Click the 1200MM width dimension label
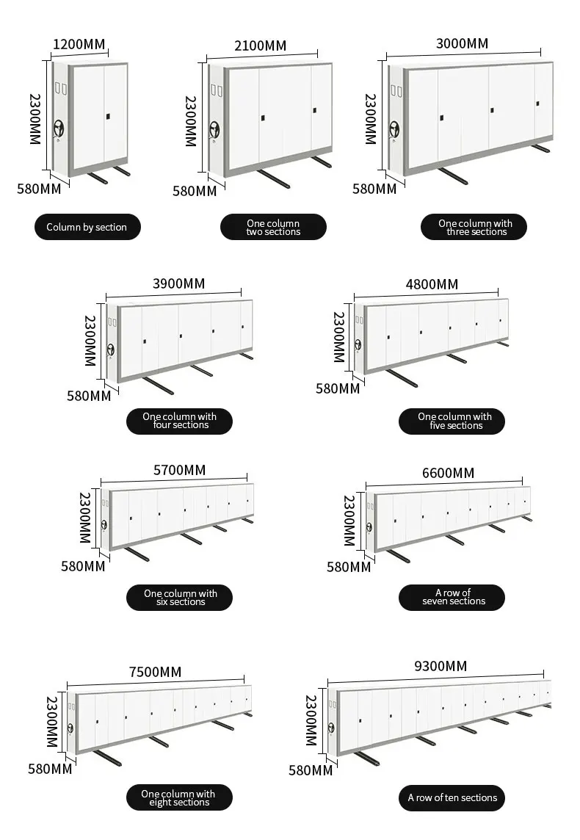(x=79, y=44)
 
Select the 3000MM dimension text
(x=461, y=43)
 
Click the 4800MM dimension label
(x=432, y=284)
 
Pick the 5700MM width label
(x=180, y=469)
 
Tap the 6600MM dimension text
(x=448, y=472)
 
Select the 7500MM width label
(x=155, y=672)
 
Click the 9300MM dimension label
(x=441, y=667)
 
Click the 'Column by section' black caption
(x=87, y=228)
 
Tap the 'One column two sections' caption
(x=273, y=228)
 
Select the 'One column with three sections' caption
(x=474, y=228)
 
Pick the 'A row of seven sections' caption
(x=453, y=597)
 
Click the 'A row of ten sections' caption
(x=453, y=797)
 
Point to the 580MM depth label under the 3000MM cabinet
(x=374, y=189)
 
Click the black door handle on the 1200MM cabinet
(x=109, y=115)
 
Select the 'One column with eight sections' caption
(x=179, y=798)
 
